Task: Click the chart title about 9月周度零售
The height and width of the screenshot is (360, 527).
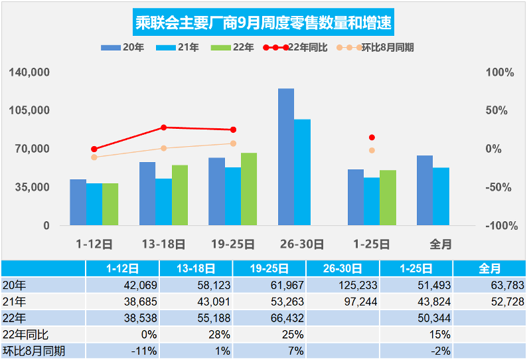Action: [x=263, y=23]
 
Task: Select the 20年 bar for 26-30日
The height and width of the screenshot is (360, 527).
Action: [x=286, y=157]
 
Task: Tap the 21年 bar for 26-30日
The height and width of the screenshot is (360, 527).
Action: [x=302, y=172]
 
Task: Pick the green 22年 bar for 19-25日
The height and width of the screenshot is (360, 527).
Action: [x=249, y=189]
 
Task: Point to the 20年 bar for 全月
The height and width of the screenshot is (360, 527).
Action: [x=425, y=191]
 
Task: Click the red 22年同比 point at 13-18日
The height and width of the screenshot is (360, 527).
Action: [x=164, y=128]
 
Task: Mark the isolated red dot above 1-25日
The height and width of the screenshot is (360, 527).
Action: [x=372, y=137]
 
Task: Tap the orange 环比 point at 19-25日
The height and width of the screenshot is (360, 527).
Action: [x=233, y=143]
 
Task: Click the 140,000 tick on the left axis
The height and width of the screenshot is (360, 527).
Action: [x=31, y=72]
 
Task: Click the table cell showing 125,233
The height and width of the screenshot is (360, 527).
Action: [x=343, y=285]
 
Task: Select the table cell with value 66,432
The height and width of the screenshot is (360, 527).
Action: [x=270, y=317]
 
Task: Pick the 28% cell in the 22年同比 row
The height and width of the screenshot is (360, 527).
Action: [x=196, y=334]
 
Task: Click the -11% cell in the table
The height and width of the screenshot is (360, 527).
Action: [x=123, y=350]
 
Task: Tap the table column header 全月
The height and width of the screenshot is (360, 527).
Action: [x=490, y=268]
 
